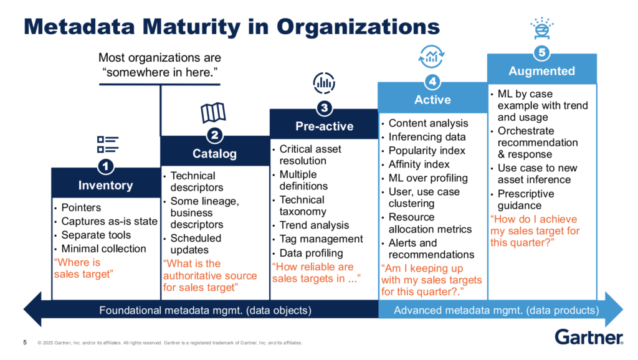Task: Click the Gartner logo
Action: point(589,337)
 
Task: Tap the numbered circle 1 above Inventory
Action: point(106,166)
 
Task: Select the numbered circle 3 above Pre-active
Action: point(324,108)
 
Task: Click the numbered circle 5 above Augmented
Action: point(542,52)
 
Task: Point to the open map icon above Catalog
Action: point(213,113)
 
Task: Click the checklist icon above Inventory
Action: point(108,144)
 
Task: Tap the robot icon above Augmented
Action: point(542,28)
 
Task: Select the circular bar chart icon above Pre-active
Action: point(324,83)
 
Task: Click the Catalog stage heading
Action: point(214,154)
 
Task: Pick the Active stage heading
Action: point(432,100)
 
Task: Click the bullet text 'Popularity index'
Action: point(427,151)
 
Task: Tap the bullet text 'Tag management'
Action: point(321,239)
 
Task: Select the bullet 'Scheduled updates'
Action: point(196,244)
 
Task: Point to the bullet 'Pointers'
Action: point(81,207)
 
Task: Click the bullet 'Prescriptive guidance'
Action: point(526,199)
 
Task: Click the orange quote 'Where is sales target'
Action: point(83,268)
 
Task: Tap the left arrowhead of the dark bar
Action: point(32,309)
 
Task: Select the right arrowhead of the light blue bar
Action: point(614,309)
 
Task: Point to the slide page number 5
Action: point(25,343)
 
